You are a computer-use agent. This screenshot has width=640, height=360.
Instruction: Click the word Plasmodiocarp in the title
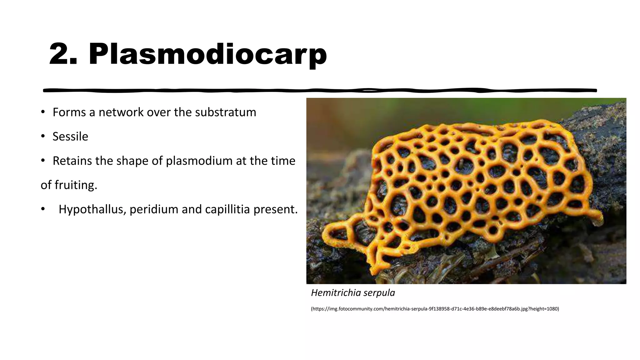207,54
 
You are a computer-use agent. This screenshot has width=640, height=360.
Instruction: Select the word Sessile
70,137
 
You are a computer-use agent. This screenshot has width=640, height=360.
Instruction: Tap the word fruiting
76,185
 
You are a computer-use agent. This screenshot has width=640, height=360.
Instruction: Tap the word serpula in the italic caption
379,293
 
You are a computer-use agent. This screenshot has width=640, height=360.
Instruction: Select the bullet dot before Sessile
43,136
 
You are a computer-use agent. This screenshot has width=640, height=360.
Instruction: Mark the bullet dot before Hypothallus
43,209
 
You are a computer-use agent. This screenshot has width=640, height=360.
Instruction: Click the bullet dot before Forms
43,112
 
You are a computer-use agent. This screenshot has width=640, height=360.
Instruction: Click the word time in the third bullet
283,161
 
